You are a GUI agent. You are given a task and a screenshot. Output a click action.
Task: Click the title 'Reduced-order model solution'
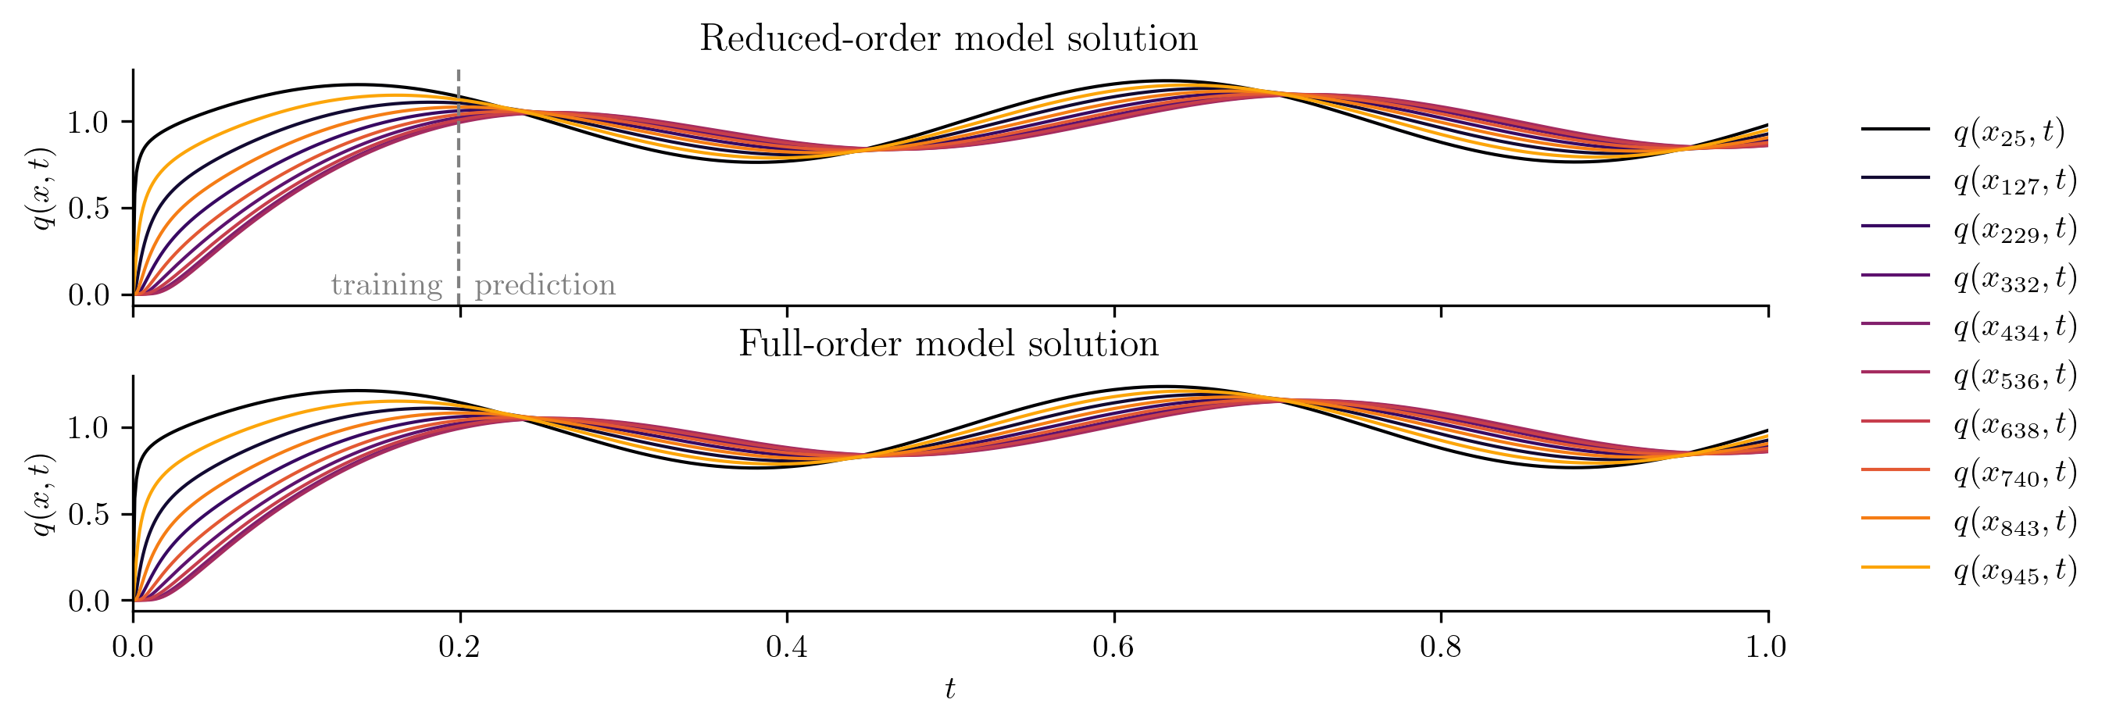pos(948,38)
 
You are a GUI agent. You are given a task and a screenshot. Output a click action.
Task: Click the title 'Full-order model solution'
pos(948,343)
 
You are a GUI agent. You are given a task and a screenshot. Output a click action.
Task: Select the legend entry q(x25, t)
pos(2008,130)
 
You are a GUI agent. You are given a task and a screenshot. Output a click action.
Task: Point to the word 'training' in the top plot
pos(386,286)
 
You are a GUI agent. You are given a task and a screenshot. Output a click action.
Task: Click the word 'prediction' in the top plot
pos(545,285)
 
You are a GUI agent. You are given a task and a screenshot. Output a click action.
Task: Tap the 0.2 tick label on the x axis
pos(459,648)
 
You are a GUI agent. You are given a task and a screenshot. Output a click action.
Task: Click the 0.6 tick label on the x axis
pos(1113,648)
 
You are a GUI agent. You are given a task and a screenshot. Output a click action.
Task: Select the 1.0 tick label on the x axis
pos(1767,648)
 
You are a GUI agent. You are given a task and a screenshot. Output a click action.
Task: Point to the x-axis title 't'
pos(949,689)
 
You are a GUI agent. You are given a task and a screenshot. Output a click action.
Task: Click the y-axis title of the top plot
pos(41,189)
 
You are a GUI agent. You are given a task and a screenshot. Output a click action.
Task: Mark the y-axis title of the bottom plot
pos(41,494)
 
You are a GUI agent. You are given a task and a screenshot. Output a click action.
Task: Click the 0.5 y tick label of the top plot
pos(88,209)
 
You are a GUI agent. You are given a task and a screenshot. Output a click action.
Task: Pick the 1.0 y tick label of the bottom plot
pos(88,428)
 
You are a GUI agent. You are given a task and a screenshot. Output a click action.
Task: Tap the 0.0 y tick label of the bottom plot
pos(88,601)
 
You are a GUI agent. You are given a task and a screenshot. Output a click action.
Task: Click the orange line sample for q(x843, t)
pos(1895,518)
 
